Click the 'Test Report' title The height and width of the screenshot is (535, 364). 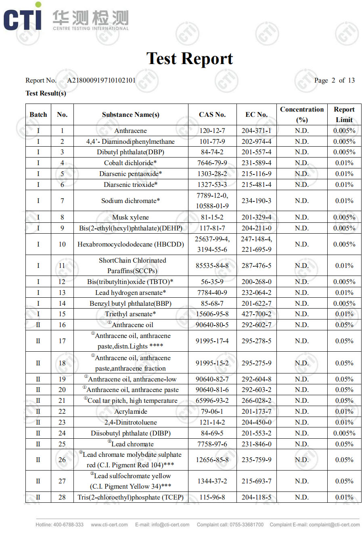coord(190,59)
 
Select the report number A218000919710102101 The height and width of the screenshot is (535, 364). coord(101,80)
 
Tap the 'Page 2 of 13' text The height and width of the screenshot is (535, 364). coord(334,80)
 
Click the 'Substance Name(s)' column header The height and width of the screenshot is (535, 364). coord(130,114)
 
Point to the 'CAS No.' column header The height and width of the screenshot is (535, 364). coord(212,114)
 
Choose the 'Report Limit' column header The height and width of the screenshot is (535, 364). coord(344,114)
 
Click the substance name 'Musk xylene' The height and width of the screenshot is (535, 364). coord(130,217)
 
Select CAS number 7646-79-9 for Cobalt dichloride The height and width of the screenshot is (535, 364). coord(212,163)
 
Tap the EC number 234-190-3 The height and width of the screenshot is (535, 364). coord(256,201)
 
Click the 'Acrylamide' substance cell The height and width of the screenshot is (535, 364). coord(130,411)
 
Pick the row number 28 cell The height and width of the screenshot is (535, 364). coord(62,497)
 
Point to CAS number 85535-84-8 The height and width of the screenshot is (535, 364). coord(212,265)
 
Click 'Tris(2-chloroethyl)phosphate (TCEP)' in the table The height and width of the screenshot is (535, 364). coord(130,497)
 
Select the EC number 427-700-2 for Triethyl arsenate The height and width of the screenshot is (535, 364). coord(256,314)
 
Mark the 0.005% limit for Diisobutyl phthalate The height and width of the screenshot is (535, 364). coord(344,433)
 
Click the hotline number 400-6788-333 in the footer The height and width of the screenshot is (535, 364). coord(60,525)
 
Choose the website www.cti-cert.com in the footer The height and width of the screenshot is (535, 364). coord(109,525)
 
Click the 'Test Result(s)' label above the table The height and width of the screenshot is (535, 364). coord(46,93)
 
